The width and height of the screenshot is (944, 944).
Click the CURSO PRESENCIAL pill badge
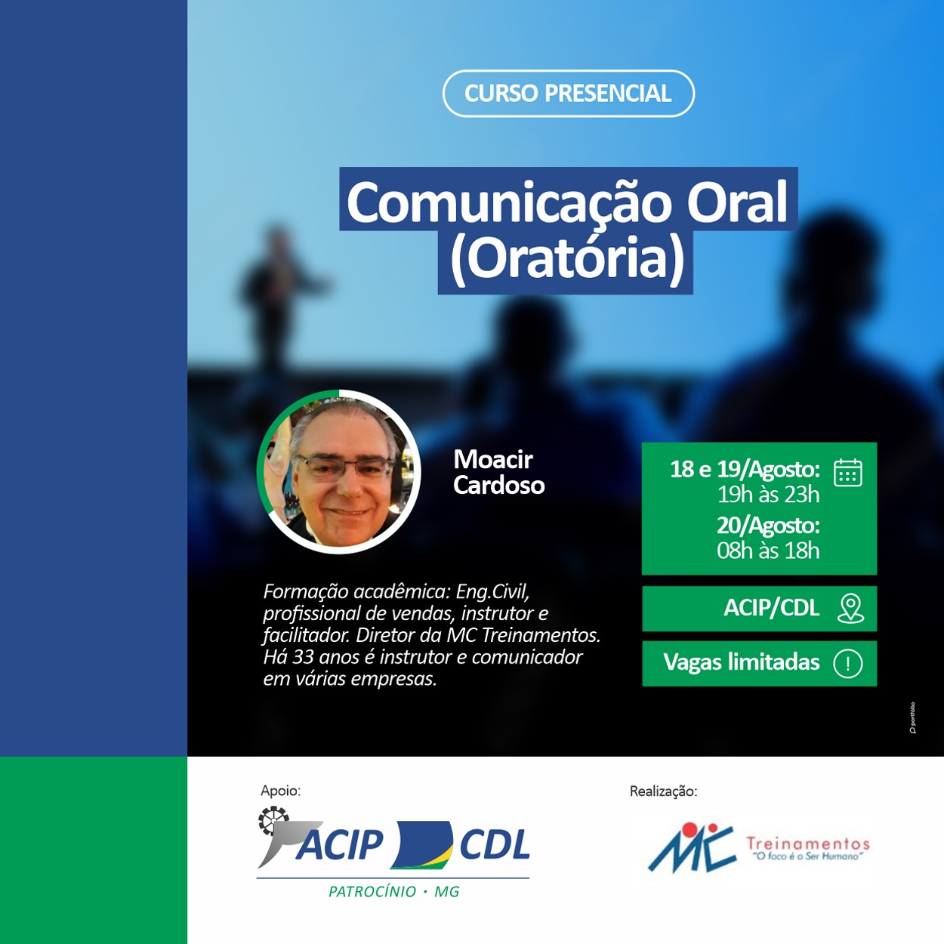(568, 93)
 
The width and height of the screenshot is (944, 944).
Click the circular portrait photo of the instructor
(338, 471)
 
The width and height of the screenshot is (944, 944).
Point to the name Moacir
(493, 459)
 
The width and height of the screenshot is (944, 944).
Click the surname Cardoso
(498, 485)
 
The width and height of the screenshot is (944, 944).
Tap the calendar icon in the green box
(847, 473)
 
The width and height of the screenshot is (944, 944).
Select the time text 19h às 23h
(768, 495)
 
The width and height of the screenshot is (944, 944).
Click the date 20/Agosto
(768, 526)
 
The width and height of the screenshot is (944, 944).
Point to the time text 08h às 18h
(768, 551)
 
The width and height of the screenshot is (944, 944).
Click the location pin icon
(850, 609)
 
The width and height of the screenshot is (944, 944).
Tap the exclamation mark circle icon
(848, 663)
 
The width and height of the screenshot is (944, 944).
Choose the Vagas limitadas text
(741, 662)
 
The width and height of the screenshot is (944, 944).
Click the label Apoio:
(281, 791)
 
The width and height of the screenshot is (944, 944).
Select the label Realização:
(663, 791)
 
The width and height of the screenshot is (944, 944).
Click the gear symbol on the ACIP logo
(273, 821)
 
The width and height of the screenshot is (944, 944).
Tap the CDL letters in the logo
(495, 845)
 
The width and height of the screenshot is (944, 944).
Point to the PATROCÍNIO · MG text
(394, 892)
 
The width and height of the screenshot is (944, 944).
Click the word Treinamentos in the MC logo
(808, 844)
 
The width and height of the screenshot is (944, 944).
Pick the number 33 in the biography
(303, 657)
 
